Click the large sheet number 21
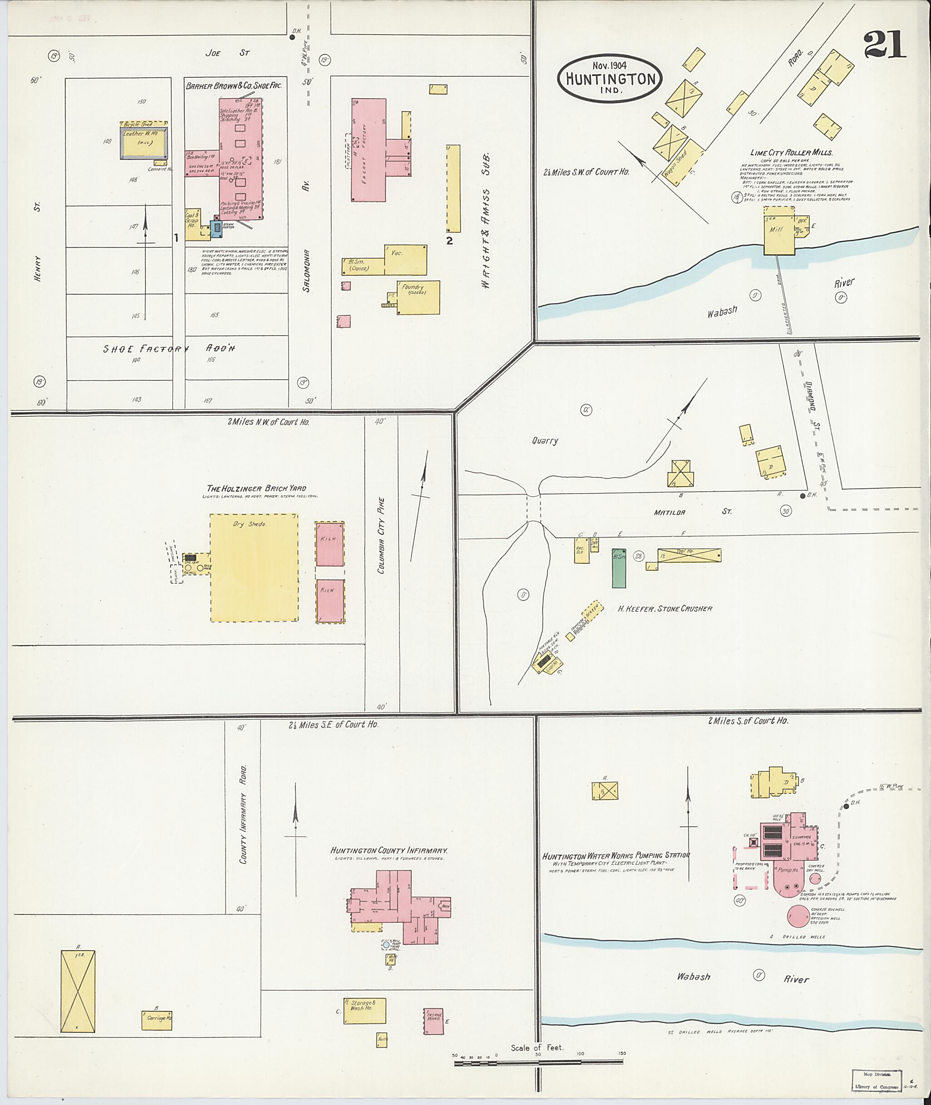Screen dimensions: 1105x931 (x=886, y=45)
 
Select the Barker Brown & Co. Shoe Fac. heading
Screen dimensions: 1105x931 (x=235, y=86)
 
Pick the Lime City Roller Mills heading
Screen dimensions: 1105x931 (x=791, y=153)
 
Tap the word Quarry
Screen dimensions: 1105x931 (x=545, y=440)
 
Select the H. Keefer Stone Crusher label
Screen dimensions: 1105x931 (x=665, y=609)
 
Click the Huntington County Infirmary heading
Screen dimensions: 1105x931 (x=389, y=851)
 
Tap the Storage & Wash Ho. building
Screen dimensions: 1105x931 (x=365, y=1011)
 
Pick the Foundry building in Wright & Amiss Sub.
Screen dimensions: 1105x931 (x=417, y=298)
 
